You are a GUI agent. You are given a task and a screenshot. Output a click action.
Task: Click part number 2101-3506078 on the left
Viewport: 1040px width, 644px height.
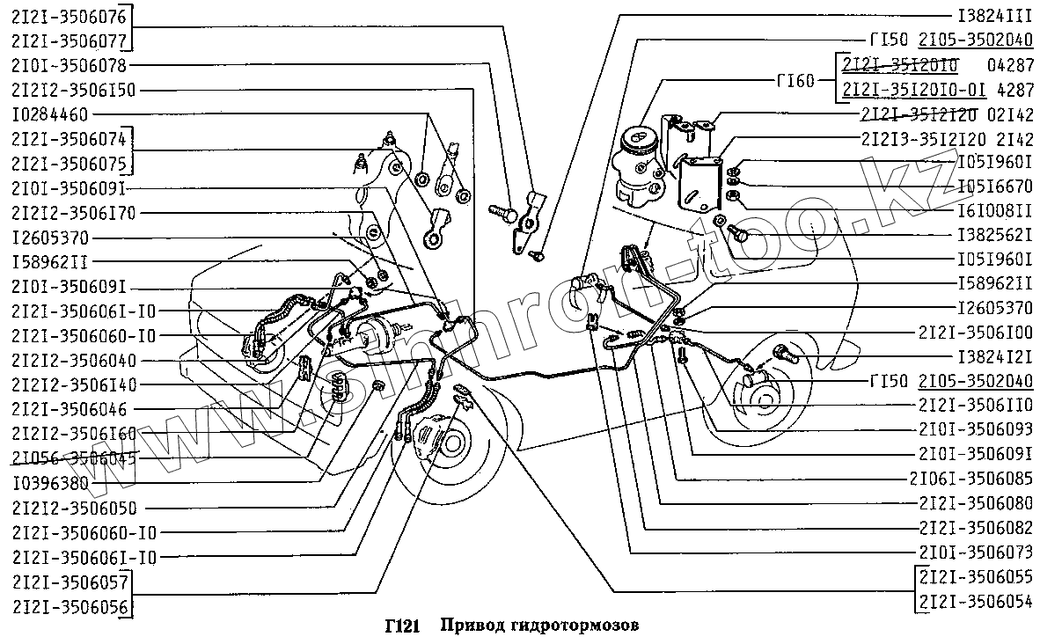coord(69,66)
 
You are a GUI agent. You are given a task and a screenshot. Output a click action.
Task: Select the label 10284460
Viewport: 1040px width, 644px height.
coord(50,115)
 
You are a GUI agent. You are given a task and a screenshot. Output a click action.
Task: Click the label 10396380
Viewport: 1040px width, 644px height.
coord(50,483)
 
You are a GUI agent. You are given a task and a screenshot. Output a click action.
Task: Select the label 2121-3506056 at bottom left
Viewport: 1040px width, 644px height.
coord(69,607)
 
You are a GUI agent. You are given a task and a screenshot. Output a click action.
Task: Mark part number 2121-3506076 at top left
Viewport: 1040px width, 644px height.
coord(69,17)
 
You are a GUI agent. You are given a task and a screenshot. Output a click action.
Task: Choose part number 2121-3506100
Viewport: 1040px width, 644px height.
coord(975,333)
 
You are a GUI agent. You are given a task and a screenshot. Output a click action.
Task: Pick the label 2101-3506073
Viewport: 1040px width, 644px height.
coord(975,553)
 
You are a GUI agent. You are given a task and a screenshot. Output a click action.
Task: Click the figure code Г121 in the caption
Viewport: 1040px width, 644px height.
coord(401,627)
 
